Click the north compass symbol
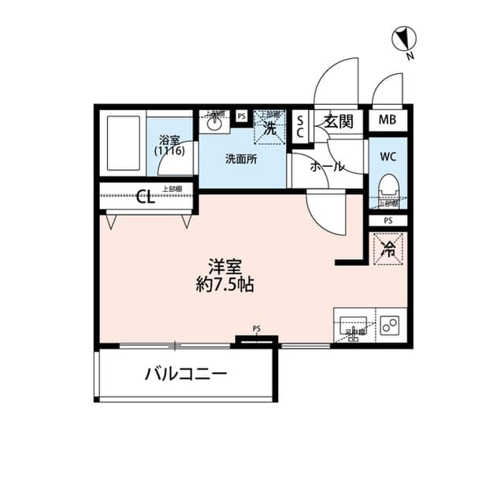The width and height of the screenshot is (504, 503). [x=404, y=40]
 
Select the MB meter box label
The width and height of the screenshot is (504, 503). [x=387, y=120]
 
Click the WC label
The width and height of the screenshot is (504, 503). [x=387, y=155]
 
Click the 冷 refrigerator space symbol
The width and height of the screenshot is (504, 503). [x=387, y=250]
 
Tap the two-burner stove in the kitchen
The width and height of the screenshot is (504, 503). [x=391, y=326]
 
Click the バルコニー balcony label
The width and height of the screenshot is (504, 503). [x=186, y=374]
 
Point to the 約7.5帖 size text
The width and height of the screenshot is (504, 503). [x=224, y=284]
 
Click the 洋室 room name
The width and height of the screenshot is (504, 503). [x=224, y=266]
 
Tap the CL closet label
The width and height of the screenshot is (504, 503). [x=146, y=197]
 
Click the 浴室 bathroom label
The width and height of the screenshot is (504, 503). [x=170, y=144]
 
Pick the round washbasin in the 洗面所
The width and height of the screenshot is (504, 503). [x=213, y=122]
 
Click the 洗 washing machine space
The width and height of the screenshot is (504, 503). [x=269, y=127]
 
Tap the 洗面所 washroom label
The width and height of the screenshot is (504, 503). [x=241, y=158]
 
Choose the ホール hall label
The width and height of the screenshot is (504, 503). [x=325, y=167]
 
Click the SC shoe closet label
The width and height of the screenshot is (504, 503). [x=300, y=127]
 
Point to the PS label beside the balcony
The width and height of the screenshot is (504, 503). [x=257, y=329]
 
